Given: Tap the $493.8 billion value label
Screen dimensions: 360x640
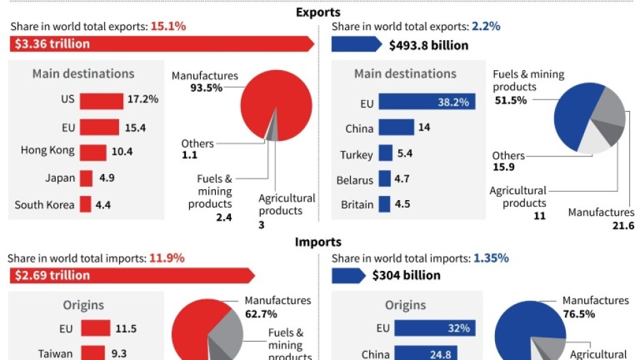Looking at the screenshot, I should pos(428,46).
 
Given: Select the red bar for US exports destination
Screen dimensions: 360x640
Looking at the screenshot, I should pos(101,101).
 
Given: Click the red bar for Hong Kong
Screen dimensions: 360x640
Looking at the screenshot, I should pos(93,152).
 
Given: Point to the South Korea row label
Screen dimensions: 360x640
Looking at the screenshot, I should pos(44,205).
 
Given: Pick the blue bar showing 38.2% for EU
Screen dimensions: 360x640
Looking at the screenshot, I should pos(426,102).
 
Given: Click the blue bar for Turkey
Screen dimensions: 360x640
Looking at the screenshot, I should pos(385,154).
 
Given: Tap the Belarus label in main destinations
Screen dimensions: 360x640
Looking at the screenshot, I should pos(355,180).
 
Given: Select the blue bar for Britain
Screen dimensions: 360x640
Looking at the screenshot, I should pos(384,204).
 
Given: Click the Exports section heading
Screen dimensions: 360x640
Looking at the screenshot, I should pos(318,12).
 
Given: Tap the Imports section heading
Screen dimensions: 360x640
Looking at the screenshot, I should pos(318,242).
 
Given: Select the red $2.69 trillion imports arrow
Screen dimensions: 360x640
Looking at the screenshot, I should pos(133,275).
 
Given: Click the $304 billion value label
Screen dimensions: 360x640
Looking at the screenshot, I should pos(406,276).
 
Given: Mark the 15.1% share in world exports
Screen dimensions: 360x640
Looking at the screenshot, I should pos(170,27).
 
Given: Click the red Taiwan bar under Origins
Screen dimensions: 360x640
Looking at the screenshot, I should pos(94,353).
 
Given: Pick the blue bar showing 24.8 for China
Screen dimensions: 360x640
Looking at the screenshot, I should pos(417,353).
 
